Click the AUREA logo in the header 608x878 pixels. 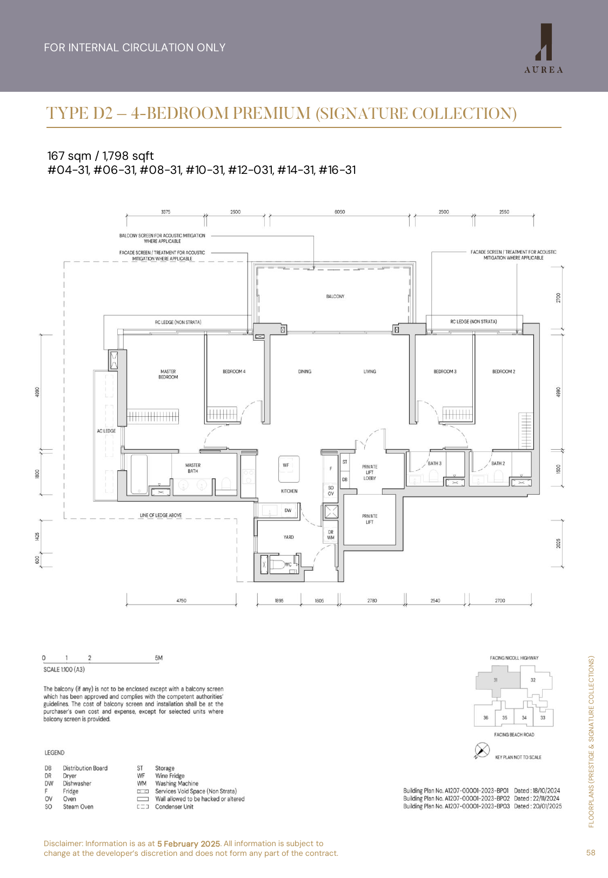click(x=544, y=49)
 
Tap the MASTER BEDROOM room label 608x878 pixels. click(x=168, y=374)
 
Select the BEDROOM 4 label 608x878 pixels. click(x=234, y=372)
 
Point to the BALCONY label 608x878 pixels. click(x=335, y=296)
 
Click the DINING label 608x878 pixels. click(x=305, y=372)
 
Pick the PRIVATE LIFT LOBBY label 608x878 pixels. click(x=370, y=472)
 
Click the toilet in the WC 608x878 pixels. click(x=279, y=565)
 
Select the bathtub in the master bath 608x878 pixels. click(x=139, y=474)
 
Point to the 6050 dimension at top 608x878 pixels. click(x=339, y=212)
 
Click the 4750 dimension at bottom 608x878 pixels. click(x=181, y=600)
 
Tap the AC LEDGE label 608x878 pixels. click(x=106, y=431)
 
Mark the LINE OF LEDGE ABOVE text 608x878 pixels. click(x=161, y=515)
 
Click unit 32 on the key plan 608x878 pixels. click(x=533, y=680)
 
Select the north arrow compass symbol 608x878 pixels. click(x=482, y=750)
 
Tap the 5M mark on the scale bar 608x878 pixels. click(x=158, y=658)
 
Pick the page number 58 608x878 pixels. click(x=591, y=853)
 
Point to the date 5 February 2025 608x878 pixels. click(x=189, y=843)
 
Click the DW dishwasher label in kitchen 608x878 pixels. click(x=288, y=510)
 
